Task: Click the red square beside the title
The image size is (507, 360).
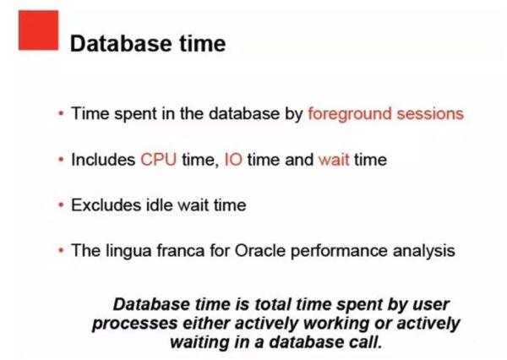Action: coord(39,30)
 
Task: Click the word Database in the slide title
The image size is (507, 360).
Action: coord(121,43)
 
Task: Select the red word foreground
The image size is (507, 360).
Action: coord(350,114)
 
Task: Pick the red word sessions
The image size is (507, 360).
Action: coord(430,114)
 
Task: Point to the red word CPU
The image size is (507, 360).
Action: coord(159,160)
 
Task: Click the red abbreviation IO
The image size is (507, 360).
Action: coord(233,160)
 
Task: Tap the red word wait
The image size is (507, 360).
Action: coord(334,160)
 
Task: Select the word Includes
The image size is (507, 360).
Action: coord(103,160)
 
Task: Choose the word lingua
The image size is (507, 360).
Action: coord(128,252)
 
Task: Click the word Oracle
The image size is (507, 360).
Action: coord(260,251)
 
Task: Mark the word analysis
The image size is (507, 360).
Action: coord(424,252)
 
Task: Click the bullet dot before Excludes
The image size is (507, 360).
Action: coord(61,205)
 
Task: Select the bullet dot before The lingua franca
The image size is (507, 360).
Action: coord(61,251)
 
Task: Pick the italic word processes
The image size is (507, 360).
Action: coord(135,325)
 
